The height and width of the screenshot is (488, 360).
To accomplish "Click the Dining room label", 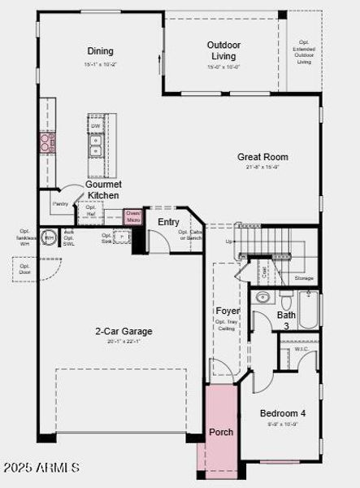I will (100, 51).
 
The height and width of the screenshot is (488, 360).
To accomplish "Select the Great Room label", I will (262, 157).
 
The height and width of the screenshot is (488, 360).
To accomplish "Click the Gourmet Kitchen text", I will (103, 190).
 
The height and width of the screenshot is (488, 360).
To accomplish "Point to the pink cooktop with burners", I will (47, 143).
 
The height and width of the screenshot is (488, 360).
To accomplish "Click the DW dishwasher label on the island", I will (96, 126).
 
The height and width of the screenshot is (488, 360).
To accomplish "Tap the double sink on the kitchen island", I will (96, 145).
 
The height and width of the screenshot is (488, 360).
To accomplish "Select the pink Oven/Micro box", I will (132, 217).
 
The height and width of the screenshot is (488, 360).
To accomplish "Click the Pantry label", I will (60, 203).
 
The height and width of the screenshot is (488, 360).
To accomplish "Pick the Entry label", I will (168, 221).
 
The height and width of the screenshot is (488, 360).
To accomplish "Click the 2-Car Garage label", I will (124, 331).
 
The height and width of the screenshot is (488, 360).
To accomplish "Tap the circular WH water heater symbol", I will (49, 239).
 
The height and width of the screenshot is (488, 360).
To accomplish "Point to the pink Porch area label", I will (221, 432).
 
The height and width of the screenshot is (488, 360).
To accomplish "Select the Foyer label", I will (227, 311).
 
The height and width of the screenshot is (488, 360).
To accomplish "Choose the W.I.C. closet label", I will (301, 350).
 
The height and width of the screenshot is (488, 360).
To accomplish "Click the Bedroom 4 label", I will (280, 413).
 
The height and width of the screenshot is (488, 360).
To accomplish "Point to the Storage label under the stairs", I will (304, 278).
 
